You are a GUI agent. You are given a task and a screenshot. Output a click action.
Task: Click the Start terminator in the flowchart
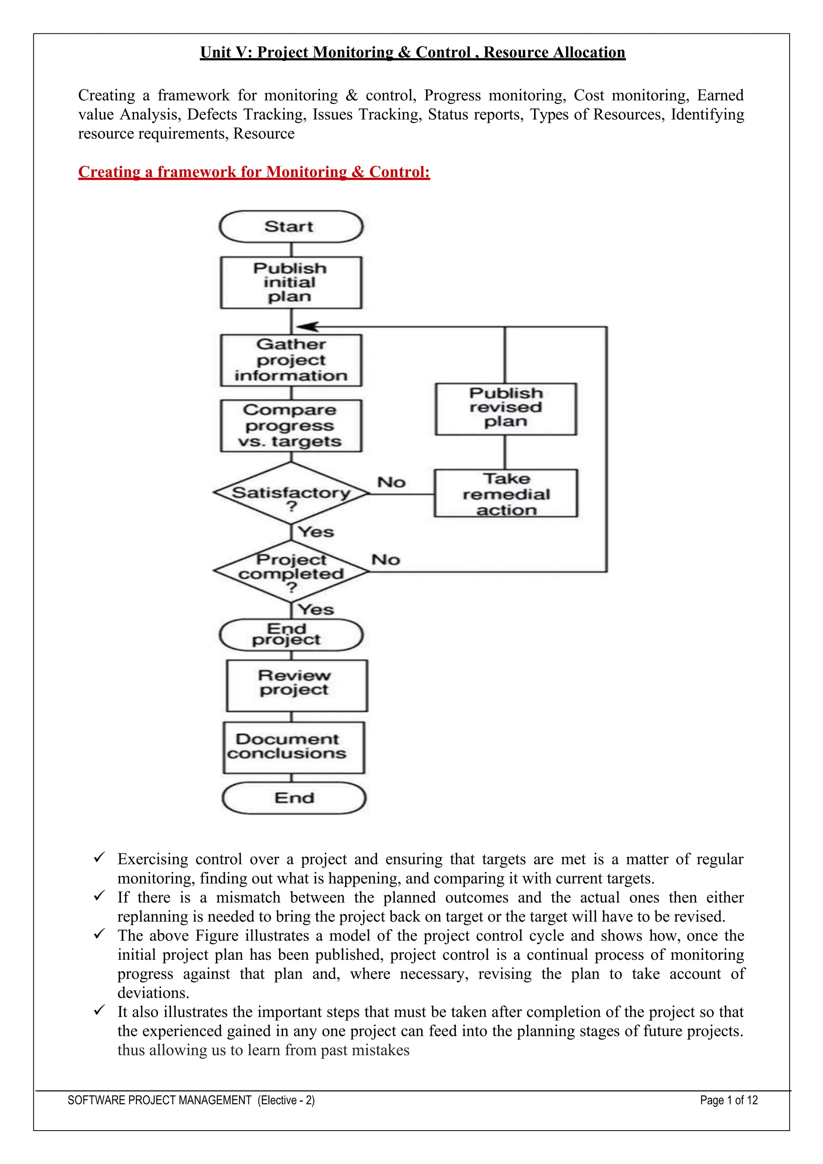pyautogui.click(x=291, y=227)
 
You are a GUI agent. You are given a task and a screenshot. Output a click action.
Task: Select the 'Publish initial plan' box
pyautogui.click(x=291, y=283)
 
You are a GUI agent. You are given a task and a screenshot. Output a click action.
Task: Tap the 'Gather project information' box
pyautogui.click(x=291, y=360)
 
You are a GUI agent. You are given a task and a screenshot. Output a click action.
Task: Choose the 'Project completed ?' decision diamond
pyautogui.click(x=291, y=572)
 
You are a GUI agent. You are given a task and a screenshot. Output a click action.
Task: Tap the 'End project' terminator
pyautogui.click(x=291, y=635)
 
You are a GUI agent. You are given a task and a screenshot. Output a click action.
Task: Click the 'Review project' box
pyautogui.click(x=297, y=685)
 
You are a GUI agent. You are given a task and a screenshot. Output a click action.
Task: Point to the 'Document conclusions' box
pyautogui.click(x=293, y=747)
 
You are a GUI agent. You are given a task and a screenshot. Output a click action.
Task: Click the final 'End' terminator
pyautogui.click(x=294, y=798)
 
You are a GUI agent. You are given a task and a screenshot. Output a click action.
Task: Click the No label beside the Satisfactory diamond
pyautogui.click(x=391, y=482)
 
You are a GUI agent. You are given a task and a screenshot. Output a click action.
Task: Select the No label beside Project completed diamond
pyautogui.click(x=386, y=560)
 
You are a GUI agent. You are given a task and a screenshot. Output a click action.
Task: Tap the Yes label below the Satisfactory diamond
pyautogui.click(x=316, y=532)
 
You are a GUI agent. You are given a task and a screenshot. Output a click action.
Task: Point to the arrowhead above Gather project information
pyautogui.click(x=307, y=327)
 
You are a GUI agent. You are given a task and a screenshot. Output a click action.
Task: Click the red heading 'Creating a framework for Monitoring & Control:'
pyautogui.click(x=254, y=172)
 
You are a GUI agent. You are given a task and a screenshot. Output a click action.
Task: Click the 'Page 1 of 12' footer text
pyautogui.click(x=729, y=1100)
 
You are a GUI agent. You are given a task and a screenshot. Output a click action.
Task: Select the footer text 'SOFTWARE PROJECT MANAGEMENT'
pyautogui.click(x=160, y=1100)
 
